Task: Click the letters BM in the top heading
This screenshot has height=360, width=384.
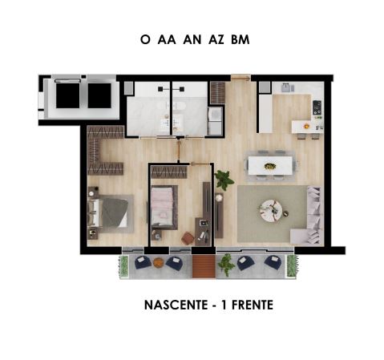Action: (x=241, y=39)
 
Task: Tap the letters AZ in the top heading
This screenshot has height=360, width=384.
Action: (x=216, y=39)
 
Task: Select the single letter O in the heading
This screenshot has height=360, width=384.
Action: (x=145, y=39)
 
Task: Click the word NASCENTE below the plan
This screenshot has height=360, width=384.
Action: (x=176, y=305)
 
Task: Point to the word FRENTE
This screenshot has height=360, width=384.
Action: (x=253, y=305)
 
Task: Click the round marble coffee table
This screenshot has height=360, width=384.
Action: (x=270, y=211)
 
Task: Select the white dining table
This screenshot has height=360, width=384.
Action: (x=270, y=166)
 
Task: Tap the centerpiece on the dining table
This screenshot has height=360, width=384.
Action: (x=270, y=166)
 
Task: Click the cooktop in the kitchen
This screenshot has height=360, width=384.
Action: (x=317, y=107)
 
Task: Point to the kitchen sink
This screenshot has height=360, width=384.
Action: (x=287, y=87)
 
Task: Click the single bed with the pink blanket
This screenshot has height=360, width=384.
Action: (x=164, y=208)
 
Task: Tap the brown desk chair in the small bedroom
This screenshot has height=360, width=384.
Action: (x=188, y=238)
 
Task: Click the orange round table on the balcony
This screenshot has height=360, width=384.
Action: (x=158, y=262)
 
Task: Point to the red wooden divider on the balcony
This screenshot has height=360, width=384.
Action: (x=204, y=266)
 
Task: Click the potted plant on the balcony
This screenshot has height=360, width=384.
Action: (x=226, y=264)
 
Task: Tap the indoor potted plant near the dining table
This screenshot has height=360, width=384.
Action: (x=224, y=180)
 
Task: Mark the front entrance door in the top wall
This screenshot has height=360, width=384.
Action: (x=241, y=78)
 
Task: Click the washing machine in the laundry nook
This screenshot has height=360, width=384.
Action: (x=215, y=115)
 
